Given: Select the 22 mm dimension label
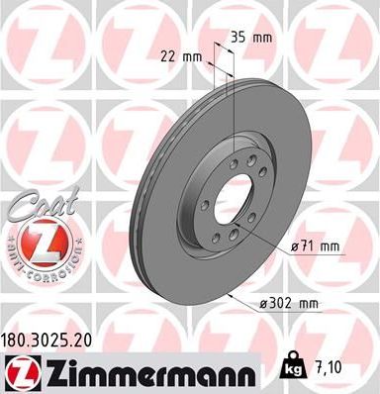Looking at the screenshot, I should pyautogui.click(x=179, y=56).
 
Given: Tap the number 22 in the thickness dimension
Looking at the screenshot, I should pyautogui.click(x=168, y=56).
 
